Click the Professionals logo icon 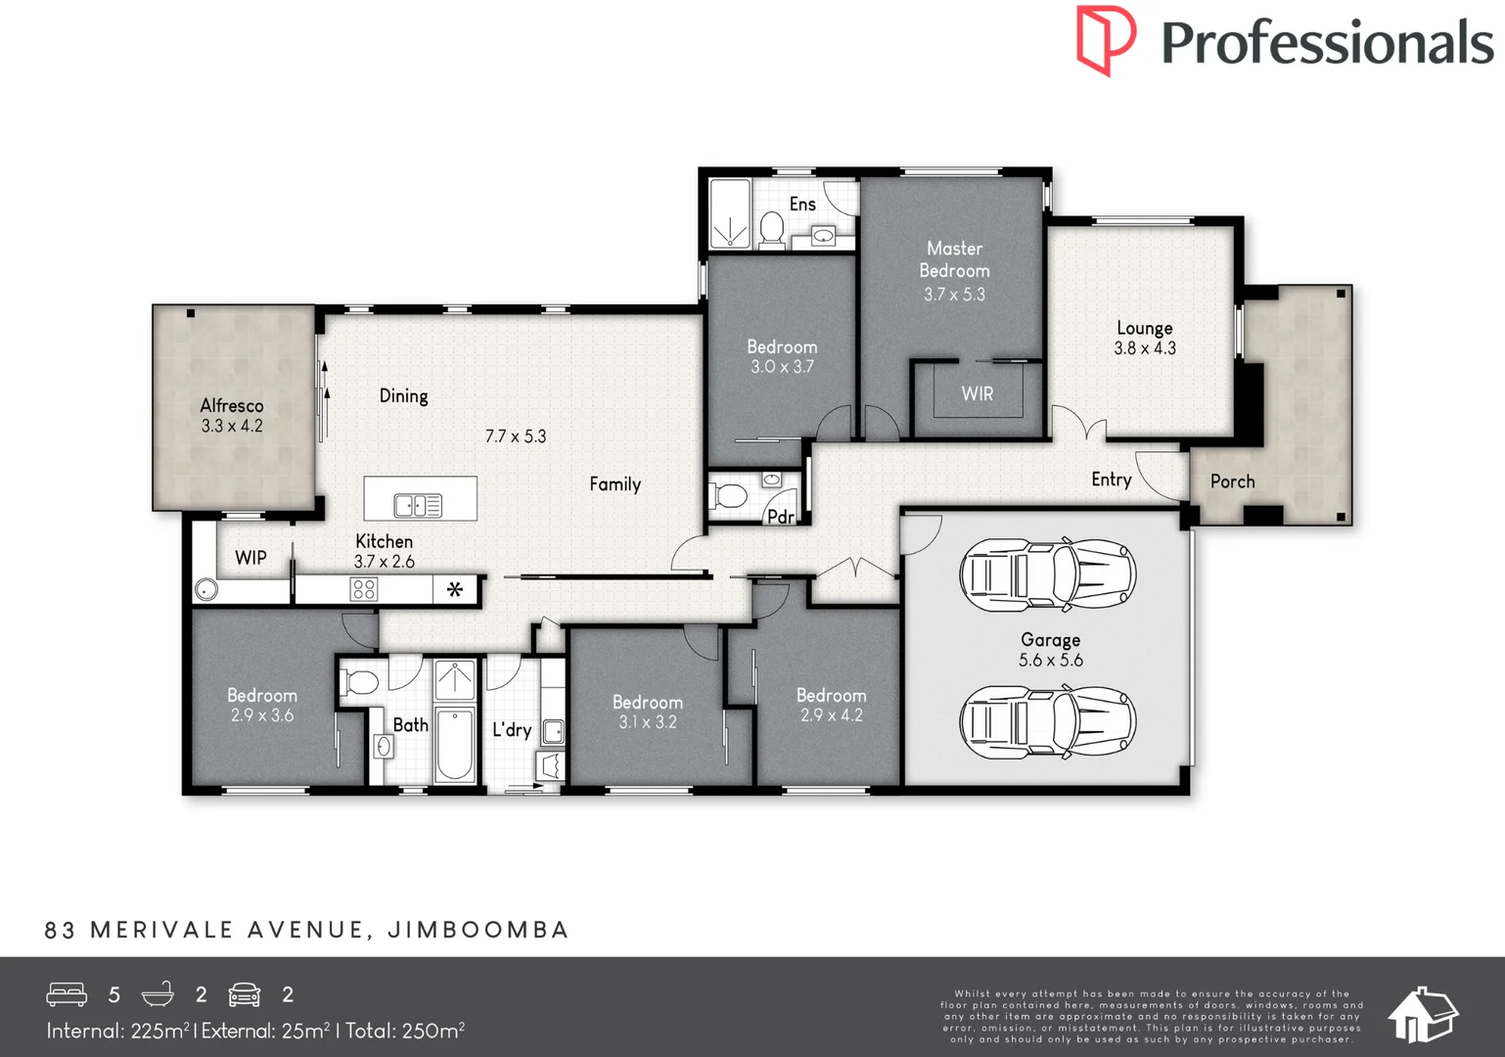pos(1106,39)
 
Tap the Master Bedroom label pos(954,259)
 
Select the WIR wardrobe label pos(977,393)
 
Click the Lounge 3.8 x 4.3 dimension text pos(1145,347)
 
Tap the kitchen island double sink pos(418,505)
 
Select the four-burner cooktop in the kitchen pos(364,589)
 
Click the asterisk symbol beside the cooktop pos(455,589)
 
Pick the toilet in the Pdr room pos(730,496)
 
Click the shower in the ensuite pos(729,214)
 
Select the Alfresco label pos(232,405)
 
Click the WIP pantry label pos(251,558)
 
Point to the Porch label pos(1232,482)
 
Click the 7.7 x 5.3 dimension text pos(516,437)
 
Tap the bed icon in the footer pos(67,994)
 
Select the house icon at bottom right pos(1423,1014)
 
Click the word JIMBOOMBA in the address pos(479,930)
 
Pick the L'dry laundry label pos(512,729)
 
